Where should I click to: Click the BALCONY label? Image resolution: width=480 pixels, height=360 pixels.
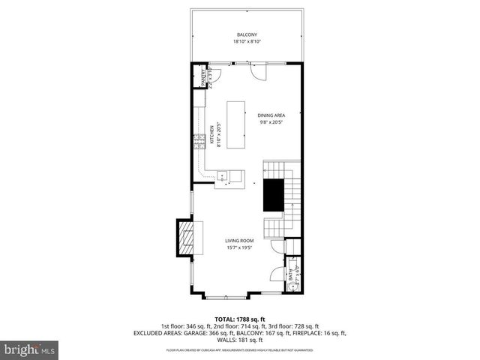(247, 35)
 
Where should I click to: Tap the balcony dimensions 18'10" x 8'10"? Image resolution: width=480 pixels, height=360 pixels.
(247, 42)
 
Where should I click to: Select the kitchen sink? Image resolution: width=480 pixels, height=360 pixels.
(224, 177)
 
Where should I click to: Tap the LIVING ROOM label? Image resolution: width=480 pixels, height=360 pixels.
(240, 241)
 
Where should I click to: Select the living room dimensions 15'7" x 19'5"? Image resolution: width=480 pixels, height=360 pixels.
(240, 248)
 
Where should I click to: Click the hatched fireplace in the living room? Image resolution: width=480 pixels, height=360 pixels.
(184, 238)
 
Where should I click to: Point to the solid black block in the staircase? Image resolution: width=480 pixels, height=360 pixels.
(271, 194)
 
